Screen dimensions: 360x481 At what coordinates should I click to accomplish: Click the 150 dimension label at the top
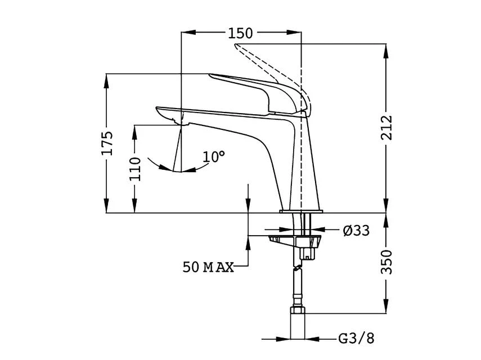tap(240, 33)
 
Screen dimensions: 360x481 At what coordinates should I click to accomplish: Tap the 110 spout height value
tap(135, 168)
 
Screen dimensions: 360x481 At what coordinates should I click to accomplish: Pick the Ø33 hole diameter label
tap(356, 230)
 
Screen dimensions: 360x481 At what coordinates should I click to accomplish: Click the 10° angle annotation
tap(214, 156)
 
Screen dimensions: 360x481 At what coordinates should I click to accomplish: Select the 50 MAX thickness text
tap(208, 266)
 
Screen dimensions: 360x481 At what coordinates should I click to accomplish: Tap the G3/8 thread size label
tap(356, 339)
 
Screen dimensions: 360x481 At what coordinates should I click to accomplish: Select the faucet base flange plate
tap(302, 211)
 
